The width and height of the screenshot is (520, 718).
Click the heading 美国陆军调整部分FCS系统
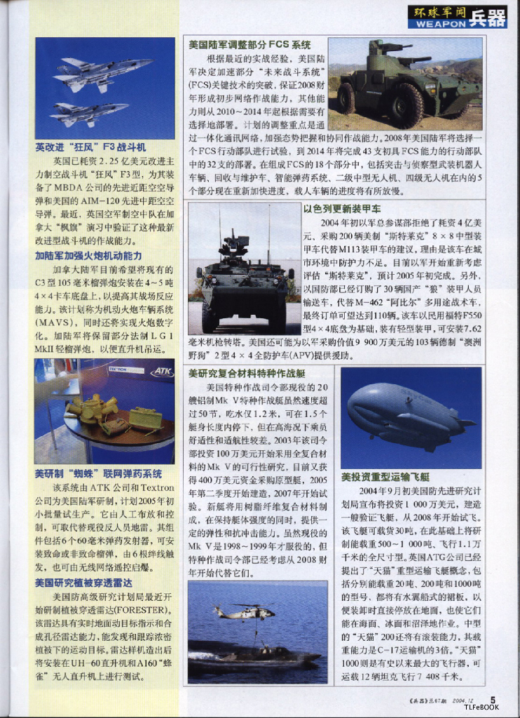[x=249, y=45]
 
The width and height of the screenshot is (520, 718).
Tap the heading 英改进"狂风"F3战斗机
[x=90, y=148]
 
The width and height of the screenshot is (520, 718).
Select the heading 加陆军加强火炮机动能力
[x=88, y=256]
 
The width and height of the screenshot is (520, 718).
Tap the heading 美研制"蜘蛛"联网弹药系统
[x=98, y=474]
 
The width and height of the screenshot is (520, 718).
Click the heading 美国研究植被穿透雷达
[x=83, y=583]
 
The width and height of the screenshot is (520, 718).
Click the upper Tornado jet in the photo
[x=105, y=72]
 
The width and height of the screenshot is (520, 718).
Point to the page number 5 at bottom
[x=493, y=698]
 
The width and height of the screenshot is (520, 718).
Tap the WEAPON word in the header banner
[x=438, y=23]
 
